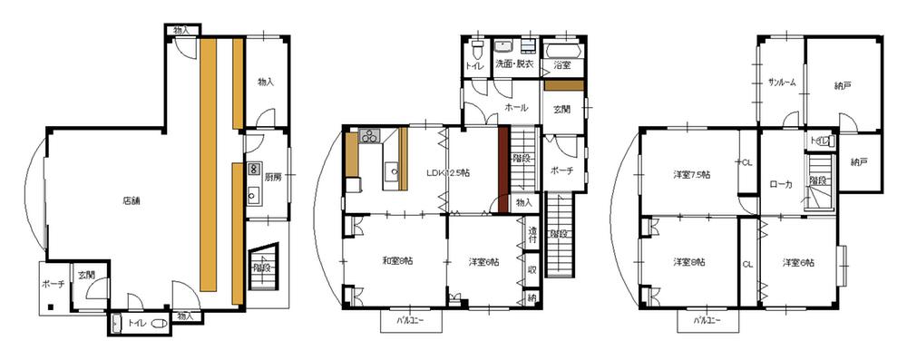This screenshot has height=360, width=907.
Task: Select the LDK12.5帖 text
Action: coord(447,173)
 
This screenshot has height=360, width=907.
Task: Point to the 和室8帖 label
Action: coord(395,262)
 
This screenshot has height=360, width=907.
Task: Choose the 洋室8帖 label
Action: coord(688,262)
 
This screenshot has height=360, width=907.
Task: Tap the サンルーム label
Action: coord(781,83)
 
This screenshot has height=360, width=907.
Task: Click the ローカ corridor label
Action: coord(781,184)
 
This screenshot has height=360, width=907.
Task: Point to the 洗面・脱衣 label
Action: coord(514,64)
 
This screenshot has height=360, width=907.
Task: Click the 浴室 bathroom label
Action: coord(562,64)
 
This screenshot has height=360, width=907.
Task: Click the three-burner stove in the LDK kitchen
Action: coord(369,138)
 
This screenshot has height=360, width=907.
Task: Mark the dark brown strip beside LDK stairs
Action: coord(502,169)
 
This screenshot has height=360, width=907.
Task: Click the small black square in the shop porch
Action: coord(53,306)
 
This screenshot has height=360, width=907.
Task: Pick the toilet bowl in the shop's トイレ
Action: coord(159,324)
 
